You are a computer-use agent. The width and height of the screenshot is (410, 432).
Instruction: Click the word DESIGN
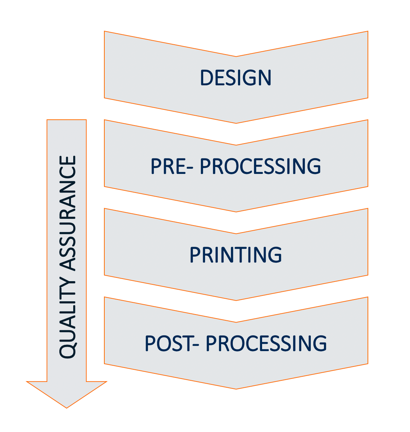click(x=236, y=78)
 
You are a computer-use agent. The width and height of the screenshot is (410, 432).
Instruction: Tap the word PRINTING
click(x=236, y=255)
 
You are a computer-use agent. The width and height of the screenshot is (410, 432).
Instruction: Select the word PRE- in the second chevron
click(x=172, y=166)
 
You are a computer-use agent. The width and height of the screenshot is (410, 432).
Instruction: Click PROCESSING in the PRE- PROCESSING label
click(x=261, y=166)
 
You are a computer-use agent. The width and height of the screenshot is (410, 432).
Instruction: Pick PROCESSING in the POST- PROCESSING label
click(x=266, y=343)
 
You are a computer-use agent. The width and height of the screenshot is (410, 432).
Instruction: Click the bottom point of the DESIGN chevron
click(x=236, y=123)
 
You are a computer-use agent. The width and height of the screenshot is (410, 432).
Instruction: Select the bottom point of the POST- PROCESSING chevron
click(x=236, y=388)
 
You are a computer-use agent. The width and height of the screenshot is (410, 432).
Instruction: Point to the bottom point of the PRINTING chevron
click(x=236, y=300)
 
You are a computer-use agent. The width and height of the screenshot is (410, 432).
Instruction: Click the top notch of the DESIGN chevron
click(x=236, y=57)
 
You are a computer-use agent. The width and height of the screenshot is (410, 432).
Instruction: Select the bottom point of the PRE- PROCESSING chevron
click(x=236, y=211)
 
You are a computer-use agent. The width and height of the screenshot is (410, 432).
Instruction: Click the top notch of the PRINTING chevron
click(x=236, y=234)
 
